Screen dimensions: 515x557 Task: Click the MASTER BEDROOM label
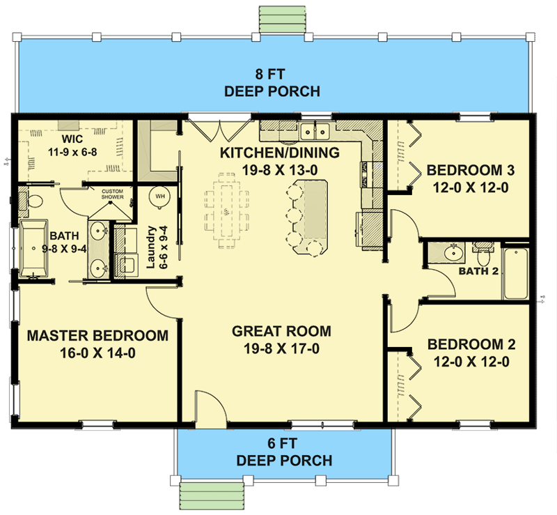click(x=97, y=344)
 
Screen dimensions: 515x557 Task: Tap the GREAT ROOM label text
click(x=281, y=340)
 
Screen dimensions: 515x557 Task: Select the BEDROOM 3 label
click(x=466, y=178)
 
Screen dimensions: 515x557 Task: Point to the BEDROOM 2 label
click(x=466, y=353)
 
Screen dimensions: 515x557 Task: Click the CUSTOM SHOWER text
click(x=113, y=194)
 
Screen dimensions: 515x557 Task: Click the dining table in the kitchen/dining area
click(x=227, y=208)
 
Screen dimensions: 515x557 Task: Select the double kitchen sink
click(x=316, y=130)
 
